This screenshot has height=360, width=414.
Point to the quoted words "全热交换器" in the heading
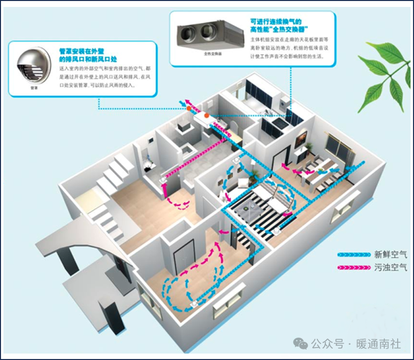(x=288, y=30)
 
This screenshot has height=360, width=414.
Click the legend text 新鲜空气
(x=390, y=255)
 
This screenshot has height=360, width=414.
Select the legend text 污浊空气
(x=390, y=267)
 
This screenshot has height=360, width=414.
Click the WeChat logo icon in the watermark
(x=300, y=343)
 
